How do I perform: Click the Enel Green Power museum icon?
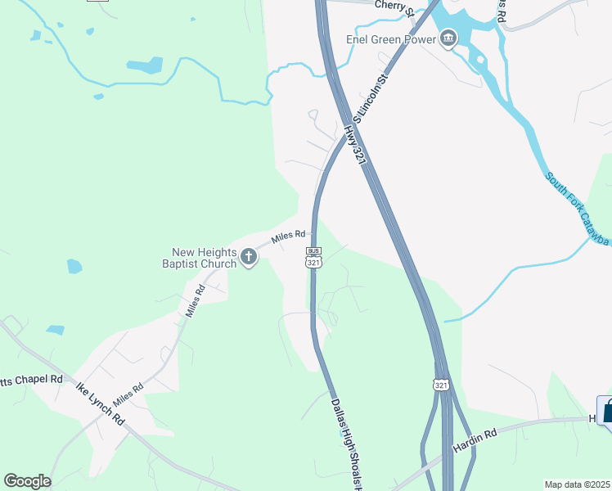pos(448,38)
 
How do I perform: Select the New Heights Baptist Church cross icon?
pos(249,259)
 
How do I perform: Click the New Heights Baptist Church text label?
pos(204,257)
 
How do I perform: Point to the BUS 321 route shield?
pos(313,257)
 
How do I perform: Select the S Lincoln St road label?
pos(370,96)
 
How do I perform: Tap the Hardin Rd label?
pos(475,441)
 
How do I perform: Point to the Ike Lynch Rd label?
pos(99,403)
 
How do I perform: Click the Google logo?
pos(27,481)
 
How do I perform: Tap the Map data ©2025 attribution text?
pos(578,484)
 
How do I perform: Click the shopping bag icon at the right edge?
pos(606,410)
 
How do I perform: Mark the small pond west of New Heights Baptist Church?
pos(74,266)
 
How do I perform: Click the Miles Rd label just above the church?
pos(288,237)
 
